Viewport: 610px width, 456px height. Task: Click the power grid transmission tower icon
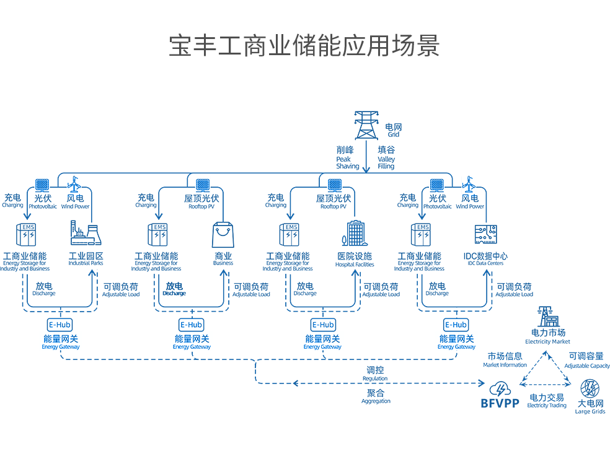click(x=366, y=125)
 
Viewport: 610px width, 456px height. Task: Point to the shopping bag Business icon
click(x=223, y=236)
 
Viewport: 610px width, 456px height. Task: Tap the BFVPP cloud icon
click(x=499, y=390)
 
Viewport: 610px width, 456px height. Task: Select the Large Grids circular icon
click(x=590, y=389)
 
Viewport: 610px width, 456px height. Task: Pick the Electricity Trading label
click(x=547, y=400)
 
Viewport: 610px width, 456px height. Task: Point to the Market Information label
click(x=505, y=360)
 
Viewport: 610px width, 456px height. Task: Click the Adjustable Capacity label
click(x=586, y=360)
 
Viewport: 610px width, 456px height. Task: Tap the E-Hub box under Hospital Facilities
click(x=322, y=325)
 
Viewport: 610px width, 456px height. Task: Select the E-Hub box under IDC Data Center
click(x=456, y=325)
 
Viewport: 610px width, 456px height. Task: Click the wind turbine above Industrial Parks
click(x=74, y=184)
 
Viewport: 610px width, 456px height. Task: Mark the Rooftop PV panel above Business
click(x=202, y=185)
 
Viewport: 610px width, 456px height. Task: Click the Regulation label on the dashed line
click(x=375, y=373)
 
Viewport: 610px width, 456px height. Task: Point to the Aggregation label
click(x=376, y=397)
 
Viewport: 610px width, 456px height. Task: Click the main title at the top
click(x=304, y=46)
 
